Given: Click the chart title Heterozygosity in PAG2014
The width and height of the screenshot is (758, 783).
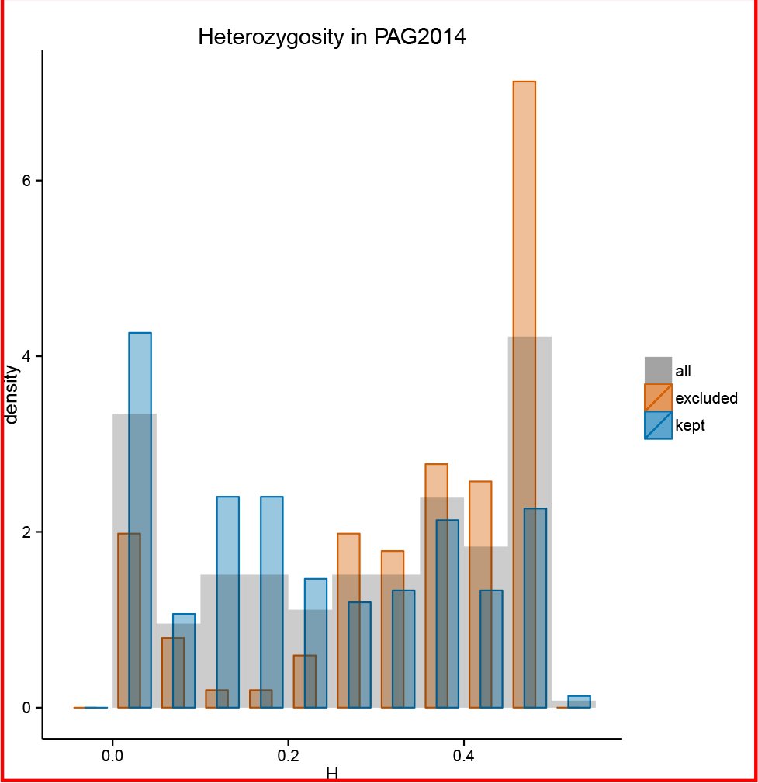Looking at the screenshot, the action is pyautogui.click(x=332, y=37).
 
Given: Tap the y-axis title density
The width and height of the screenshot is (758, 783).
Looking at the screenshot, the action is pyautogui.click(x=11, y=395).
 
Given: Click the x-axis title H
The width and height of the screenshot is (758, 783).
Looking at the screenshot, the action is pyautogui.click(x=332, y=774).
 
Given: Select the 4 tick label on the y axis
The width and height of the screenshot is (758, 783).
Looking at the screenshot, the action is pyautogui.click(x=26, y=356).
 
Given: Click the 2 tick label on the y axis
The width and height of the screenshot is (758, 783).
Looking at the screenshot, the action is pyautogui.click(x=26, y=532).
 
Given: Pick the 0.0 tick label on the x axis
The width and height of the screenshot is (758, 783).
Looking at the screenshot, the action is pyautogui.click(x=112, y=756).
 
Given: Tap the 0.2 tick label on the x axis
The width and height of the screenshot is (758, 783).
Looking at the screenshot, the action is pyautogui.click(x=288, y=756).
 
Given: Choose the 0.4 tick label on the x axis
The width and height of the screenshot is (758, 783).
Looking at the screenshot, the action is pyautogui.click(x=464, y=756).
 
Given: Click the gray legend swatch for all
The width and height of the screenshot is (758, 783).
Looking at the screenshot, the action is pyautogui.click(x=658, y=370).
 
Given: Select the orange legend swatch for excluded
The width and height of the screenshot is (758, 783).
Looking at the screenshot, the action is pyautogui.click(x=658, y=397).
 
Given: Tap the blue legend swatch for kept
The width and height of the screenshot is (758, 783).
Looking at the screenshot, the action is pyautogui.click(x=658, y=425).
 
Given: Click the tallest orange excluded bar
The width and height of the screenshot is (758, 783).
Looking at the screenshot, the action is pyautogui.click(x=524, y=394).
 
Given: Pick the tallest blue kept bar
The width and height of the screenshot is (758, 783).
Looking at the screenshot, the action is pyautogui.click(x=140, y=520).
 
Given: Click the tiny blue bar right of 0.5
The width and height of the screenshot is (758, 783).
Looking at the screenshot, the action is pyautogui.click(x=580, y=702).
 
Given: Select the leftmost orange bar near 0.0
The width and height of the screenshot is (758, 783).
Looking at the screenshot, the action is pyautogui.click(x=129, y=620).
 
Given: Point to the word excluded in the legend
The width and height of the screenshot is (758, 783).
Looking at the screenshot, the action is pyautogui.click(x=706, y=398).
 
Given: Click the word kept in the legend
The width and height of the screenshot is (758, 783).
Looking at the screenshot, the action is pyautogui.click(x=690, y=425).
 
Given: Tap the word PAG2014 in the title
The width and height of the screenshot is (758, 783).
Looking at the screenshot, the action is pyautogui.click(x=420, y=37).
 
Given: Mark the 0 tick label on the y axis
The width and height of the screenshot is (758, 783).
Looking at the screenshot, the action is pyautogui.click(x=26, y=708).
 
